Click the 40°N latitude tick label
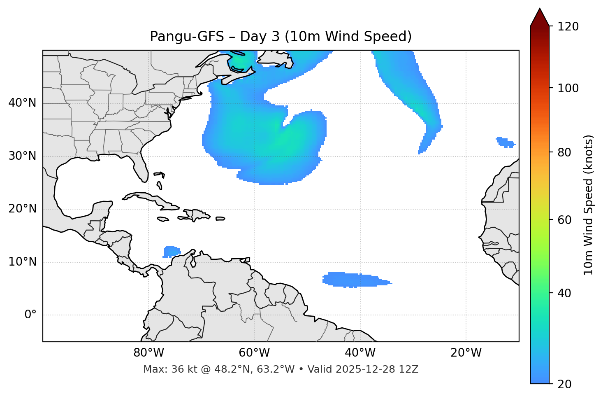coord(22,103)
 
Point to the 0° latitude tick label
coord(30,315)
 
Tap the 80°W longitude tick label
coord(148,353)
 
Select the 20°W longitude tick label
coord(466,353)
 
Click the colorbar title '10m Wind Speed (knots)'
coord(589,205)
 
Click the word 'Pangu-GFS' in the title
coord(187,37)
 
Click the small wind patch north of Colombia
coord(172,251)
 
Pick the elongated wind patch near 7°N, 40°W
coord(355,280)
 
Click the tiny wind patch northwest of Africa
coord(505,142)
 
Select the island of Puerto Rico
coord(220,219)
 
